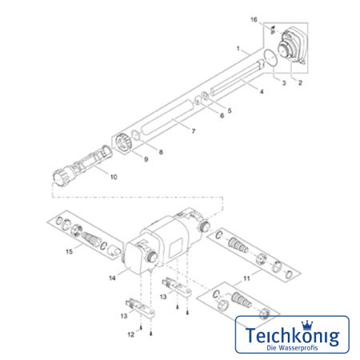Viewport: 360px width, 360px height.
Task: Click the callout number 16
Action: click(x=254, y=20)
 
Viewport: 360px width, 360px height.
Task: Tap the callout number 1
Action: click(x=238, y=49)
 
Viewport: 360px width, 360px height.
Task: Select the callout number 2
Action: click(x=300, y=82)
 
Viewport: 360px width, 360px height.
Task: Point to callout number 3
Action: click(x=284, y=83)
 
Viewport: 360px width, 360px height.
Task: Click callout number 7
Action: click(x=194, y=131)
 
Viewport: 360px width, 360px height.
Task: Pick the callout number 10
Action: click(x=114, y=177)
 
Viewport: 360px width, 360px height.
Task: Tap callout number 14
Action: click(x=112, y=278)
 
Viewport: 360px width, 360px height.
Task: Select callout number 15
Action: click(x=69, y=251)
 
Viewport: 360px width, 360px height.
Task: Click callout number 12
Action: click(x=131, y=334)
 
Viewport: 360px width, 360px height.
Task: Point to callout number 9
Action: click(x=146, y=159)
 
